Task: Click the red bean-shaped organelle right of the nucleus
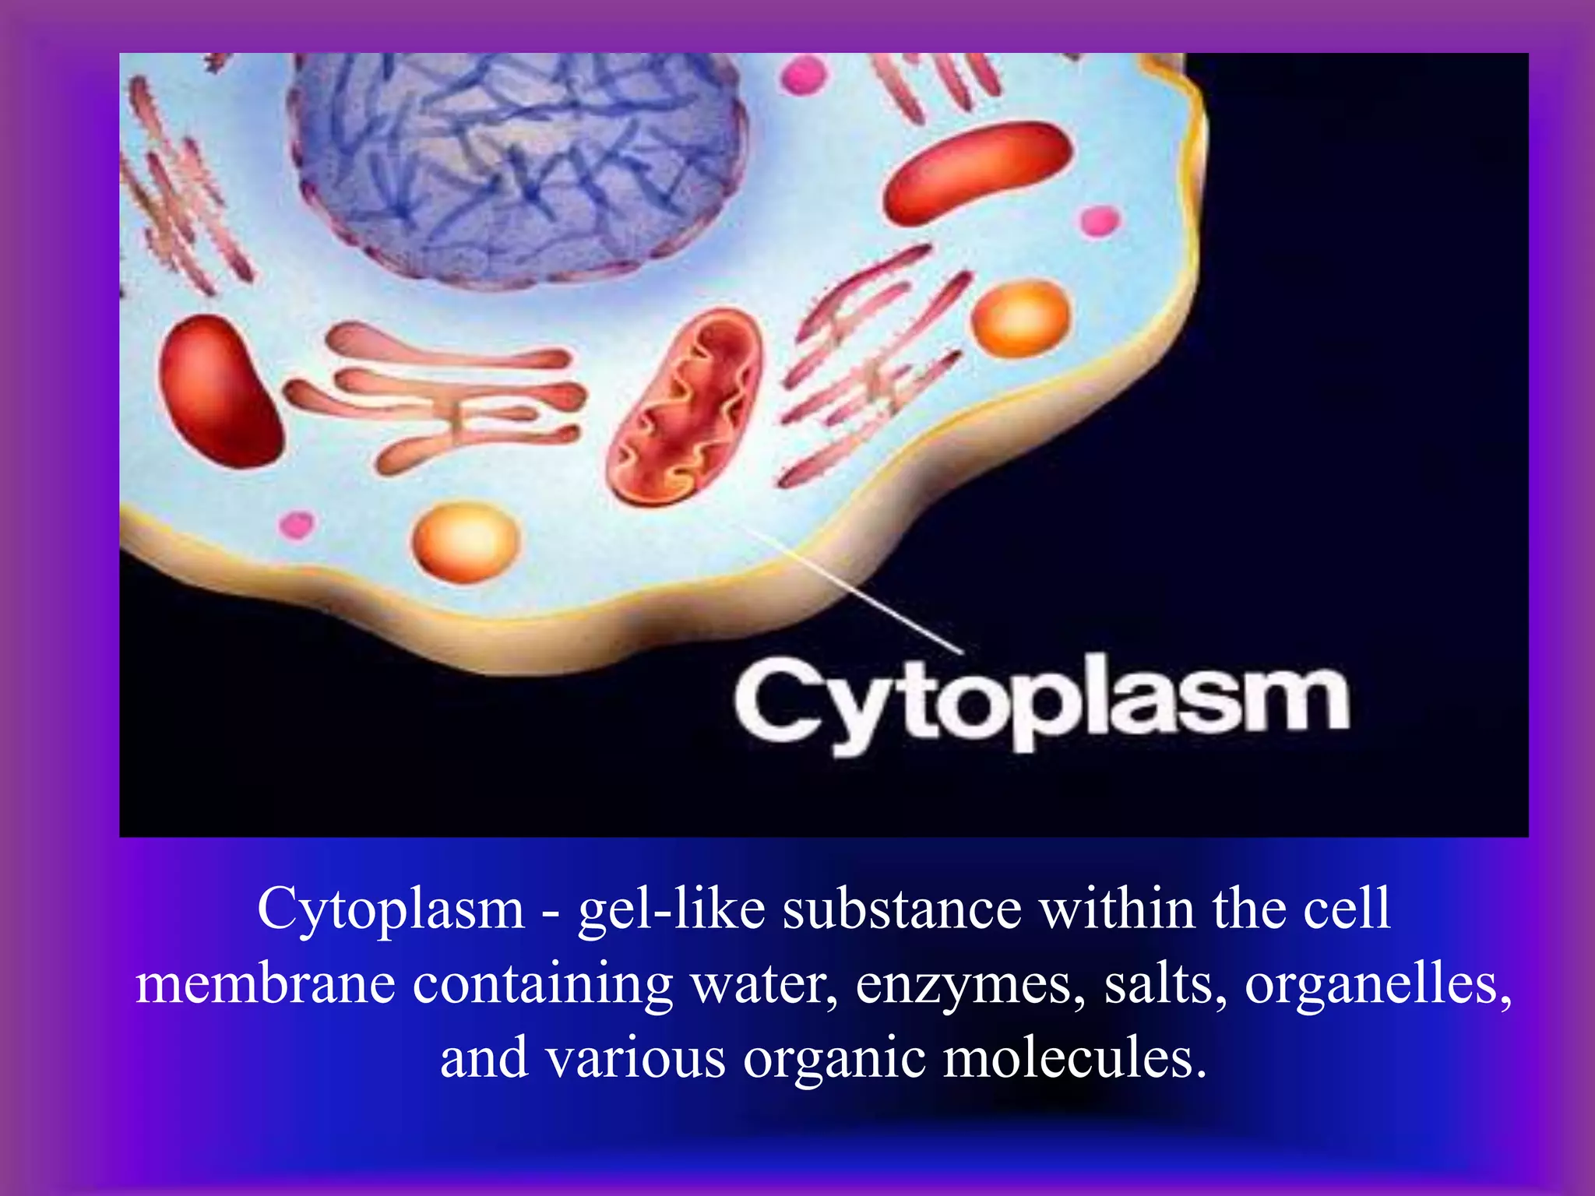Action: click(979, 171)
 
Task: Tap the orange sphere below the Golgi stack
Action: click(466, 542)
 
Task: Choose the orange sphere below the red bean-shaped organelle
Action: click(1021, 318)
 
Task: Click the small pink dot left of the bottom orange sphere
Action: click(297, 525)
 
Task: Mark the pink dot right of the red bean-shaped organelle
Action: click(1100, 221)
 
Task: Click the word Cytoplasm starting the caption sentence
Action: click(391, 908)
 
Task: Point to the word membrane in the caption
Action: click(265, 983)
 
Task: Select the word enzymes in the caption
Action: click(970, 985)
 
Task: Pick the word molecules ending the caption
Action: click(1075, 1059)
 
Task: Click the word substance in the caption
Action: click(902, 908)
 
